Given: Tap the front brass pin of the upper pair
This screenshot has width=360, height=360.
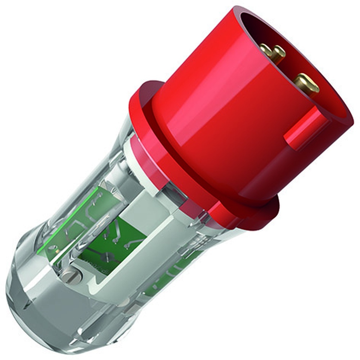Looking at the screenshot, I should coord(278,53).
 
